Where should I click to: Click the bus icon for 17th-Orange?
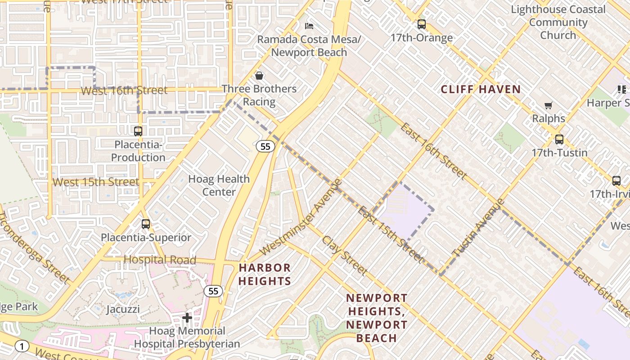[x=421, y=24]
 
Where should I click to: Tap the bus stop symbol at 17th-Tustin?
[x=559, y=139]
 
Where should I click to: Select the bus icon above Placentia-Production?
[x=138, y=131]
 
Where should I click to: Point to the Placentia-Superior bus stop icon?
[x=145, y=224]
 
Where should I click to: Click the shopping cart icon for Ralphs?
[x=548, y=106]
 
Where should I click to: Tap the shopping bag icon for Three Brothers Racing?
[x=259, y=76]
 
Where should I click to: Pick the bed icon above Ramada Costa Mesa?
[x=309, y=26]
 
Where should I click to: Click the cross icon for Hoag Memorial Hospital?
[x=187, y=318]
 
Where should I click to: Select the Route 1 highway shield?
[x=21, y=346]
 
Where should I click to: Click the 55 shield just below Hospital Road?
[x=213, y=291]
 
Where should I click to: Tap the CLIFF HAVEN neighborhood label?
[x=481, y=90]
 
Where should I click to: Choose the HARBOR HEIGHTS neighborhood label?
[x=265, y=274]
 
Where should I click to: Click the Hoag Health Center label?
[x=219, y=185]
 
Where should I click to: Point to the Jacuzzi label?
[x=123, y=310]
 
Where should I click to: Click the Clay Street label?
[x=344, y=255]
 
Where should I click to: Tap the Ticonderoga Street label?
[x=34, y=247]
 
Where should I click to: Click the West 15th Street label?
[x=96, y=182]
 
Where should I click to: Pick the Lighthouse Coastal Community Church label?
[x=558, y=22]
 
